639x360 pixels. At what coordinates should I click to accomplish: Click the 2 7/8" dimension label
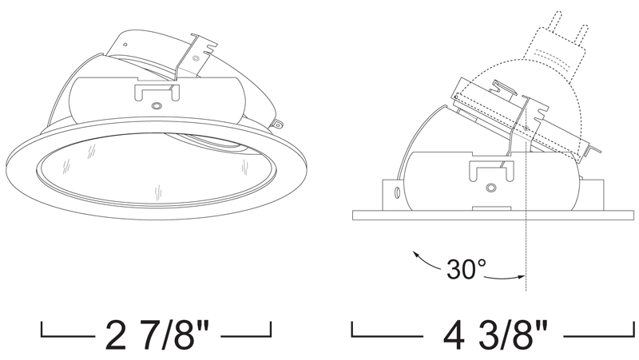tap(157, 334)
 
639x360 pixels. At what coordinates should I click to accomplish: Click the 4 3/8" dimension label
tap(495, 335)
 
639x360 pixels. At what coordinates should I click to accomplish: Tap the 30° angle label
tap(466, 269)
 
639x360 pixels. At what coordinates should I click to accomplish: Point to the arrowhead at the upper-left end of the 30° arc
tap(416, 255)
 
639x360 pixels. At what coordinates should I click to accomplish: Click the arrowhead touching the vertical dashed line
tap(521, 277)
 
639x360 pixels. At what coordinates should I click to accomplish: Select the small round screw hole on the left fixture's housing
tap(156, 106)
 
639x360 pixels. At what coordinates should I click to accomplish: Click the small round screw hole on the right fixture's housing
tap(490, 188)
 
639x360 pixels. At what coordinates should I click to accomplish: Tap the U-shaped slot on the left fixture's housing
tap(157, 92)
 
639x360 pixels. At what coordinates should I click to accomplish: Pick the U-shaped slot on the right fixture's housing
tap(491, 171)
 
